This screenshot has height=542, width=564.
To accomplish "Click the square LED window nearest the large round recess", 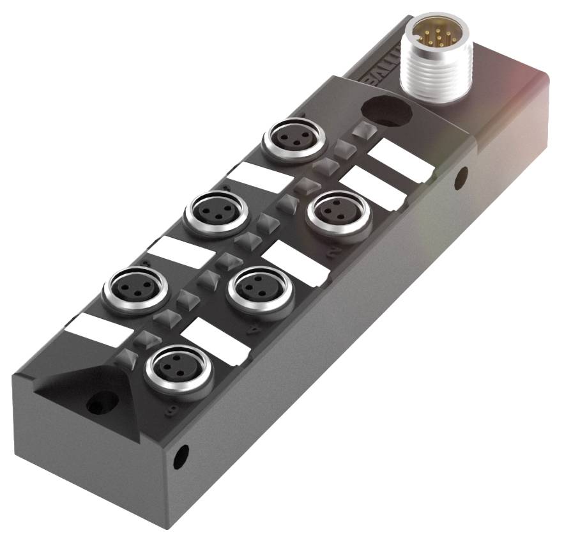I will pyautogui.click(x=363, y=132).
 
